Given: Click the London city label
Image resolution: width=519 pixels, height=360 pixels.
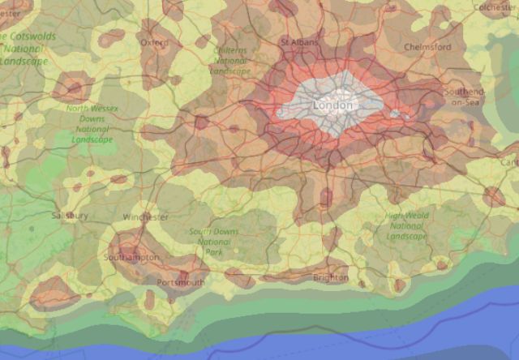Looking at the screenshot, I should pyautogui.click(x=332, y=105).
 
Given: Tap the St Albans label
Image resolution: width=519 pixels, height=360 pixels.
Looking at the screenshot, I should pyautogui.click(x=299, y=42).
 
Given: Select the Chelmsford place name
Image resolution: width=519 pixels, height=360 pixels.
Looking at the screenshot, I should pyautogui.click(x=427, y=47).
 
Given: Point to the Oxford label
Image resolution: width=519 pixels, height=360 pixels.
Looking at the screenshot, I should pyautogui.click(x=154, y=42).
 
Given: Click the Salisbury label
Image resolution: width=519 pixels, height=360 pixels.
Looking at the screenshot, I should pyautogui.click(x=69, y=216).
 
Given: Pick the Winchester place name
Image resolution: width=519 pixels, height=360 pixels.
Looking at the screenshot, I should pyautogui.click(x=146, y=217).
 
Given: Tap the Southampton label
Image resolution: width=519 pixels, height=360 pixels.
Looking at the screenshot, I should pyautogui.click(x=132, y=257).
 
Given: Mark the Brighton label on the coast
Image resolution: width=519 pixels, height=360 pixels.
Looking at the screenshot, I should pyautogui.click(x=330, y=278).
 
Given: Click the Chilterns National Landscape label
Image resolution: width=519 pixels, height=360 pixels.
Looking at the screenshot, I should pyautogui.click(x=230, y=61).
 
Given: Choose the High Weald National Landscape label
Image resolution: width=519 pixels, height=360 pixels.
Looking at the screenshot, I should pyautogui.click(x=406, y=225).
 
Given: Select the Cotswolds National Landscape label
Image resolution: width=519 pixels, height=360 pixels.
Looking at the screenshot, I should pyautogui.click(x=24, y=48).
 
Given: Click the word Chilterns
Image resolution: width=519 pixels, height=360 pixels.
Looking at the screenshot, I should pyautogui.click(x=230, y=50).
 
